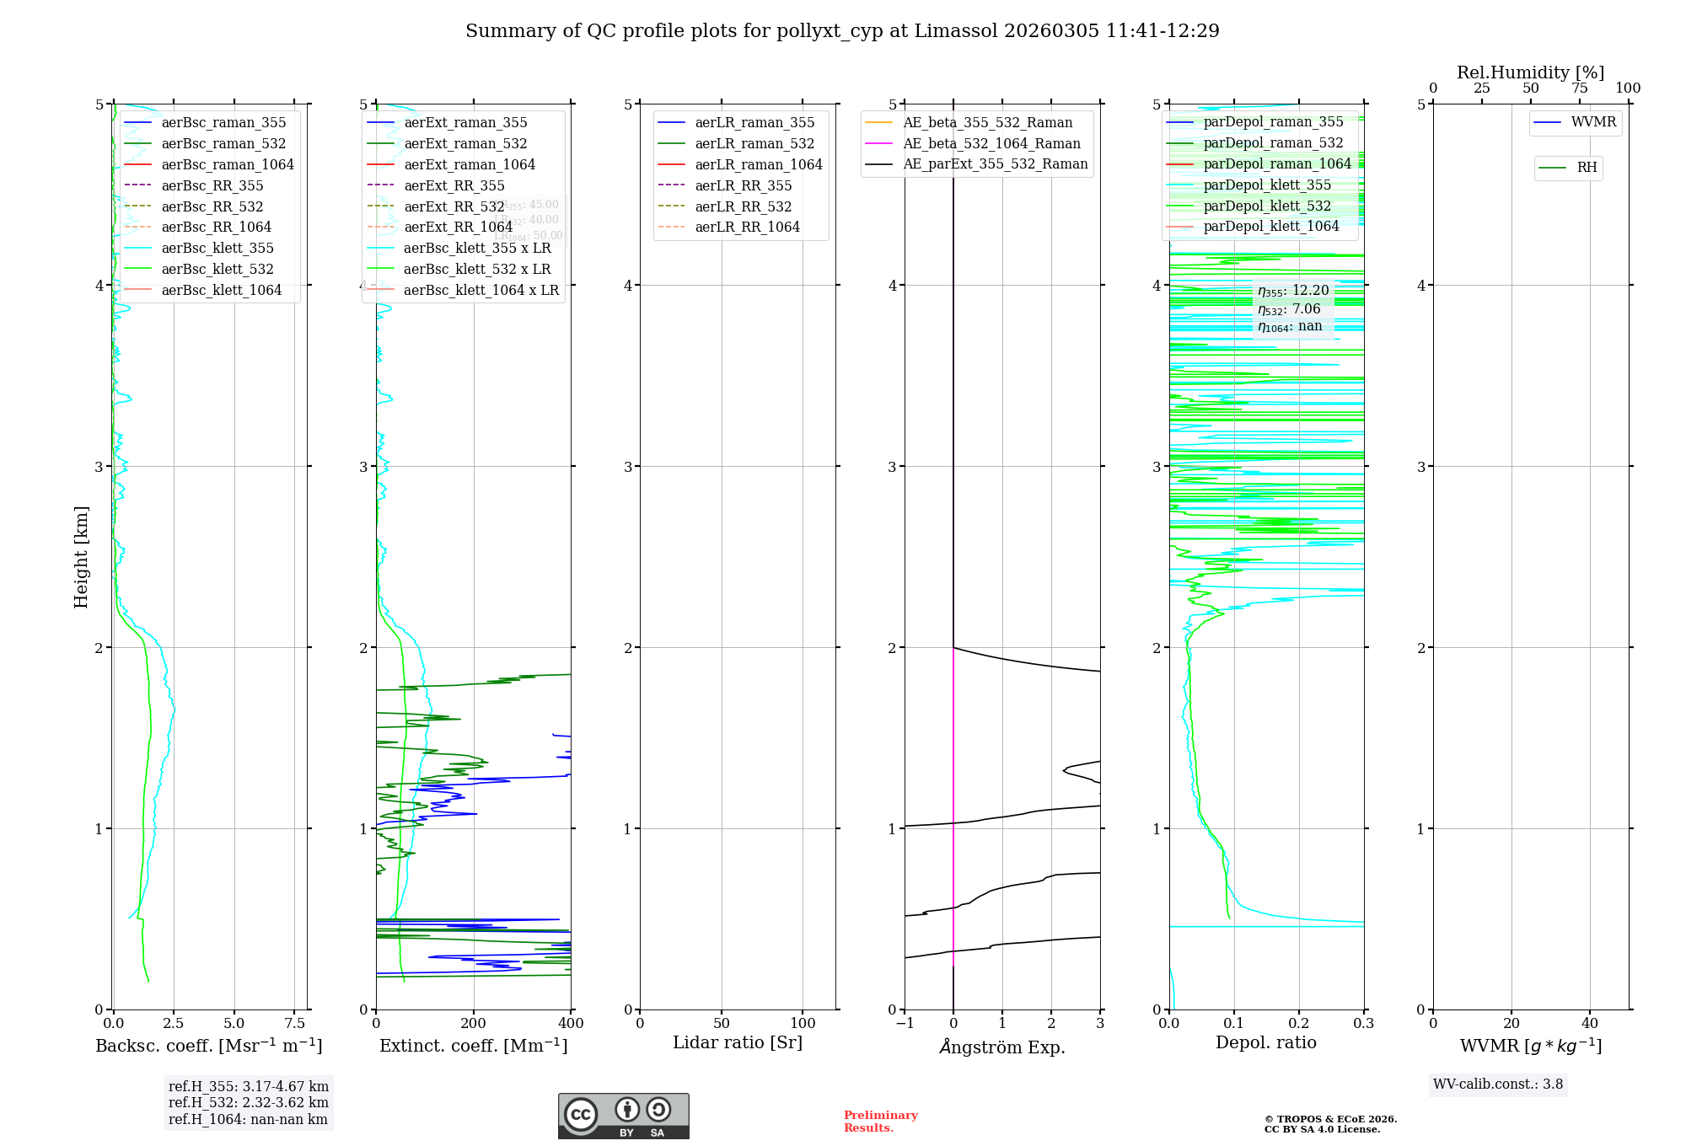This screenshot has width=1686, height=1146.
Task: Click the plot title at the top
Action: click(x=842, y=31)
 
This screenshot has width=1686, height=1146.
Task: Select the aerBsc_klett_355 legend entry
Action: click(x=217, y=248)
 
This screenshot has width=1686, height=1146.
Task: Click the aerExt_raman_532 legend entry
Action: click(x=465, y=143)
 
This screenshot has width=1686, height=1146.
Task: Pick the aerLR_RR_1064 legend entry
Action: click(x=747, y=227)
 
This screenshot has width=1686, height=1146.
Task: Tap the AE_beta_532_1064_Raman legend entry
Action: click(x=991, y=143)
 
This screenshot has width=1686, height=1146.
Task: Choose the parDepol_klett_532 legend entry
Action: click(x=1267, y=206)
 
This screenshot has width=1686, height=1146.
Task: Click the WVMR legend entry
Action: click(x=1593, y=122)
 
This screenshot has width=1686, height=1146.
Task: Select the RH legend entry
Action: click(x=1587, y=168)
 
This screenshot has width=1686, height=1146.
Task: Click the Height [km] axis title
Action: click(x=81, y=557)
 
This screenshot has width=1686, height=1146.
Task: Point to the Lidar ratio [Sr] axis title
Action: click(x=738, y=1042)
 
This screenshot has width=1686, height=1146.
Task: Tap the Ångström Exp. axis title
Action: click(x=1002, y=1047)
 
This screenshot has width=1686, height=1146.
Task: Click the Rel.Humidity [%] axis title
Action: click(x=1530, y=72)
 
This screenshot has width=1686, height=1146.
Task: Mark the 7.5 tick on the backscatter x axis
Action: click(x=295, y=1023)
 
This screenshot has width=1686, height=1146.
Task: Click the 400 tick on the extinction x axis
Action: click(x=571, y=1023)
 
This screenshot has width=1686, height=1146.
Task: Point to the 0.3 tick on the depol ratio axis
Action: click(x=1363, y=1023)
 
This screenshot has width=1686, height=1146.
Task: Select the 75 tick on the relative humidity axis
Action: click(x=1579, y=88)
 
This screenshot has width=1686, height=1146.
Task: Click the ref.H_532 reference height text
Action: click(x=248, y=1102)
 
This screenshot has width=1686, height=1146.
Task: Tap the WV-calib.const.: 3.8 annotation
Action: click(x=1498, y=1084)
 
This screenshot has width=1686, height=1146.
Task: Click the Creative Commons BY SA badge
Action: click(x=623, y=1116)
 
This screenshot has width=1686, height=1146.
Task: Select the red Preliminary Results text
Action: click(x=880, y=1121)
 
